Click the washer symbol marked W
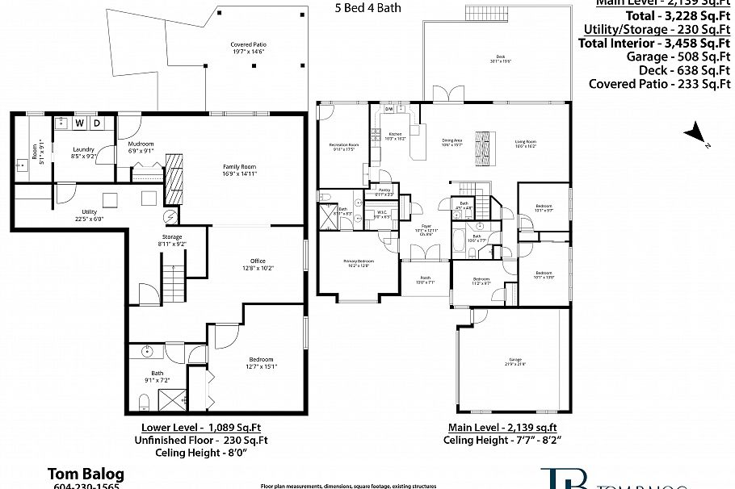tap(80, 123)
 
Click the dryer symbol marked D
tap(96, 123)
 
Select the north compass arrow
tap(694, 133)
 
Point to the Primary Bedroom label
tap(357, 262)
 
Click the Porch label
tap(425, 280)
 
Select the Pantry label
tap(384, 192)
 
